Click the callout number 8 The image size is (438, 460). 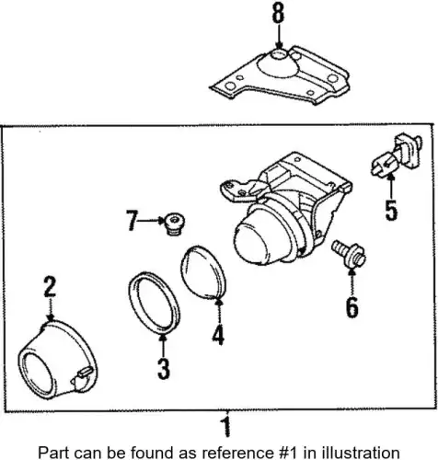point(278,13)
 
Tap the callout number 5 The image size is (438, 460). point(391,210)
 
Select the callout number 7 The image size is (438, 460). point(132,221)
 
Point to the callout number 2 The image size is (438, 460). point(50,287)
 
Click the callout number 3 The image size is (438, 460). point(163,369)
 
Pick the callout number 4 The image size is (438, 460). point(218,335)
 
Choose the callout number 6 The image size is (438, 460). point(352,307)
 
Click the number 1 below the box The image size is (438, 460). point(226,426)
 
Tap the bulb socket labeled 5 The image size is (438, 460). point(397,155)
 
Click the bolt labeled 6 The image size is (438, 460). point(349,254)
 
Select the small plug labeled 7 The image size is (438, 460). point(174,224)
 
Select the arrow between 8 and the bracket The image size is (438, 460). point(278,36)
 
